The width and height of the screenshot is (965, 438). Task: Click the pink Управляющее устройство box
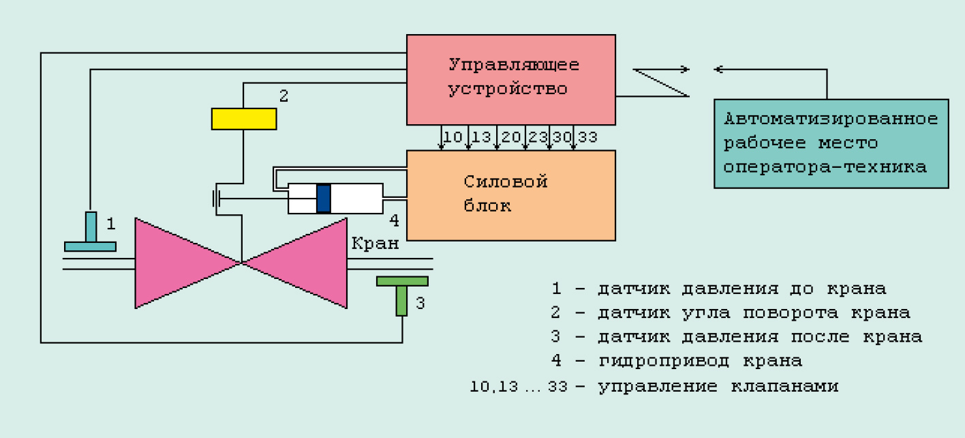click(511, 78)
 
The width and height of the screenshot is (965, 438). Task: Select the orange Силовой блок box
click(511, 195)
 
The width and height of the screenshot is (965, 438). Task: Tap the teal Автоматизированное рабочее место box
click(831, 143)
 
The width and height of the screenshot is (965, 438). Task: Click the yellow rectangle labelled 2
click(243, 119)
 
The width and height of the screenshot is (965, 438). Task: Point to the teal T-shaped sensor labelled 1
click(90, 233)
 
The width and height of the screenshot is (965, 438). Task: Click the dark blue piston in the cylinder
click(324, 198)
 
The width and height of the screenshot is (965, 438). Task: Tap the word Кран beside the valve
click(376, 244)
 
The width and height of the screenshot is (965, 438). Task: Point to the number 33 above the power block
click(587, 137)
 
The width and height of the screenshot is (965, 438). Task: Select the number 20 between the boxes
click(510, 137)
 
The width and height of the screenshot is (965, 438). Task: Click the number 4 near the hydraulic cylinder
click(393, 221)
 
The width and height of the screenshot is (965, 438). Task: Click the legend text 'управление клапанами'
click(718, 386)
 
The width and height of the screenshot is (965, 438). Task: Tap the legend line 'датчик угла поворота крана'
click(754, 313)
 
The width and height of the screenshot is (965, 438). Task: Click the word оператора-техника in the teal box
click(825, 167)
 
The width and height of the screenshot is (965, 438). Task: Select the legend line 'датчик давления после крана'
click(760, 337)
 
